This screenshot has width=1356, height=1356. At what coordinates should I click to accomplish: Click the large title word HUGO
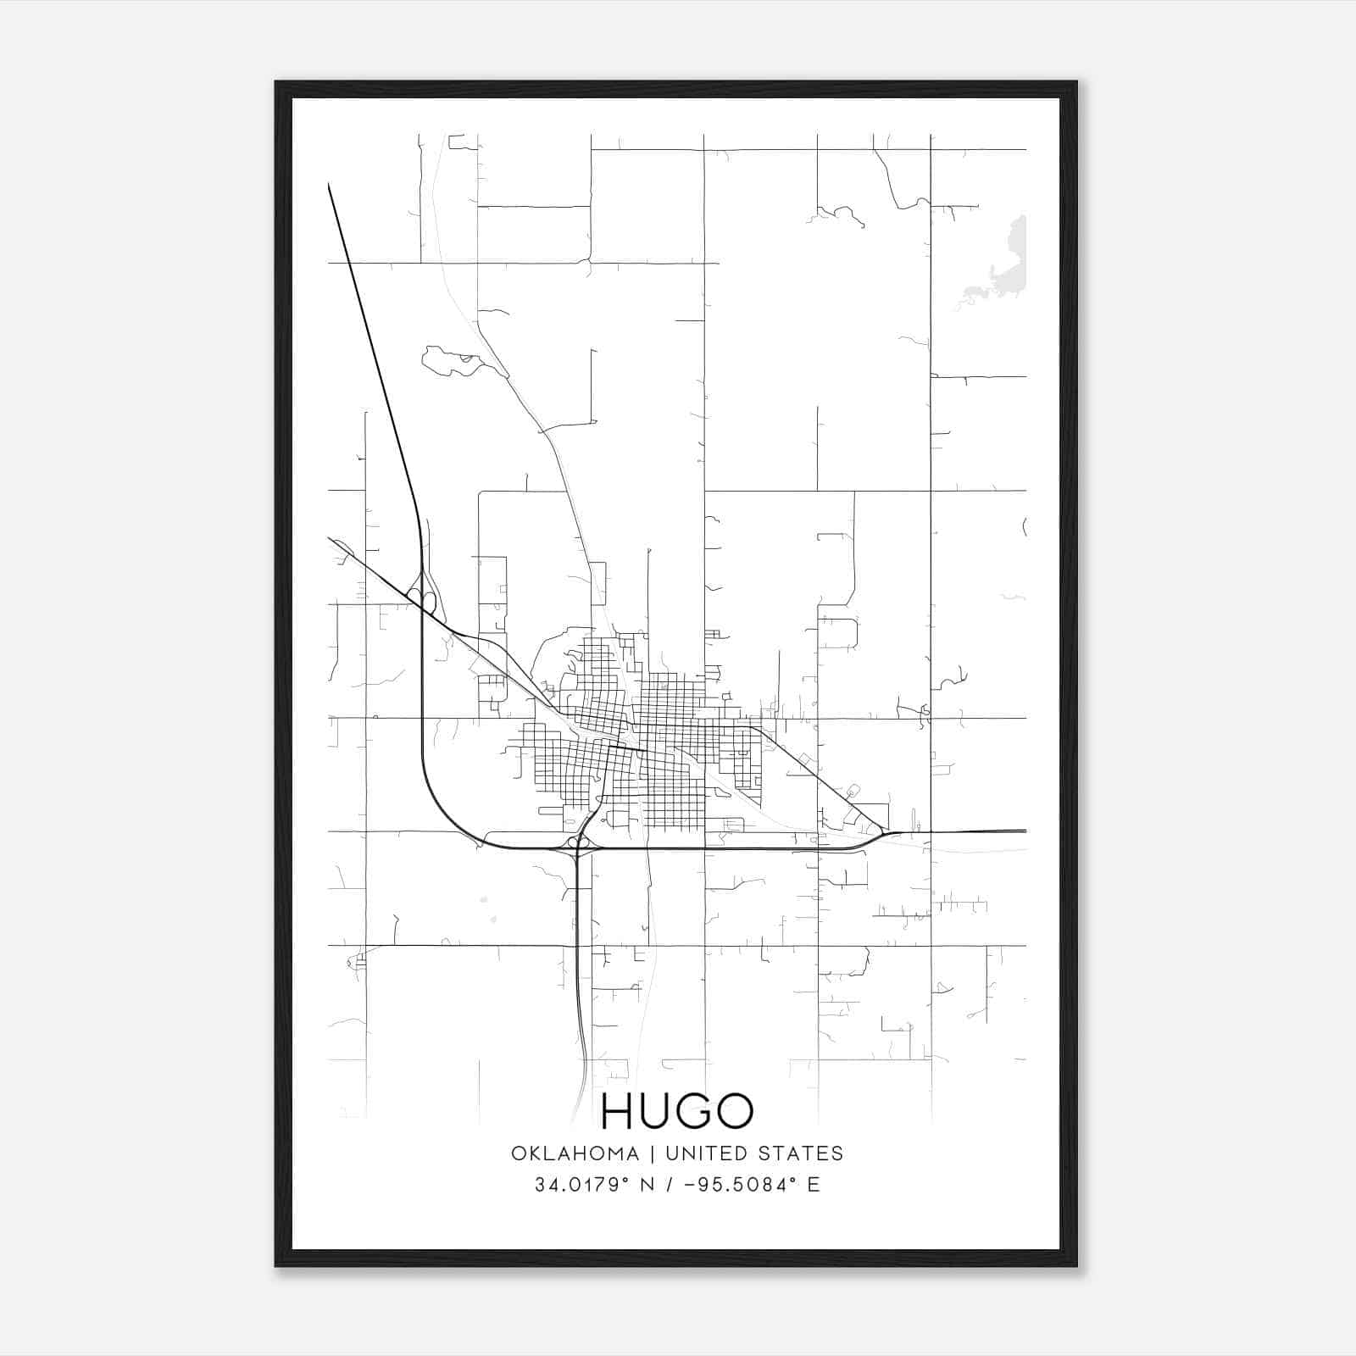[x=676, y=1111]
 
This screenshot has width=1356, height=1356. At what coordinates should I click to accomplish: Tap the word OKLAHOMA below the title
[x=575, y=1153]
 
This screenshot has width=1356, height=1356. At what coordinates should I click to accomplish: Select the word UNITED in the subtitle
[x=707, y=1153]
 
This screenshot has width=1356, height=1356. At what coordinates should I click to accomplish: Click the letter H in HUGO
[x=617, y=1111]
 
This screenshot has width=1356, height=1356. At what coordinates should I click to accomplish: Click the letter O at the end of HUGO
[x=734, y=1111]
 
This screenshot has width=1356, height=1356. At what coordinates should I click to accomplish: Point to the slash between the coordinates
[x=669, y=1185]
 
